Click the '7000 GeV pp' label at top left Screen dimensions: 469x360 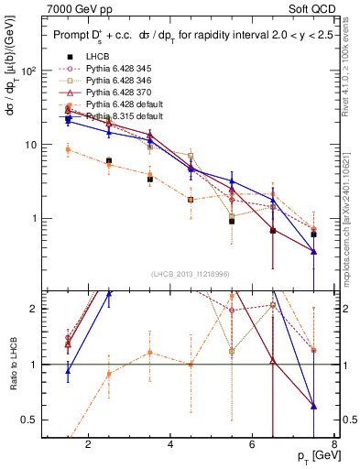click(80, 8)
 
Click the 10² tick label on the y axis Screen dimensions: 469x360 click(29, 71)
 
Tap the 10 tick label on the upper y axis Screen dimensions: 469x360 click(31, 145)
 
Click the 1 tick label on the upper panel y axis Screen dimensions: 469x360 click(34, 219)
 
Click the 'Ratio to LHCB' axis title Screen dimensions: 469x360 click(11, 364)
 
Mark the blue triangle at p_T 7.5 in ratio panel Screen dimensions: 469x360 click(314, 405)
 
